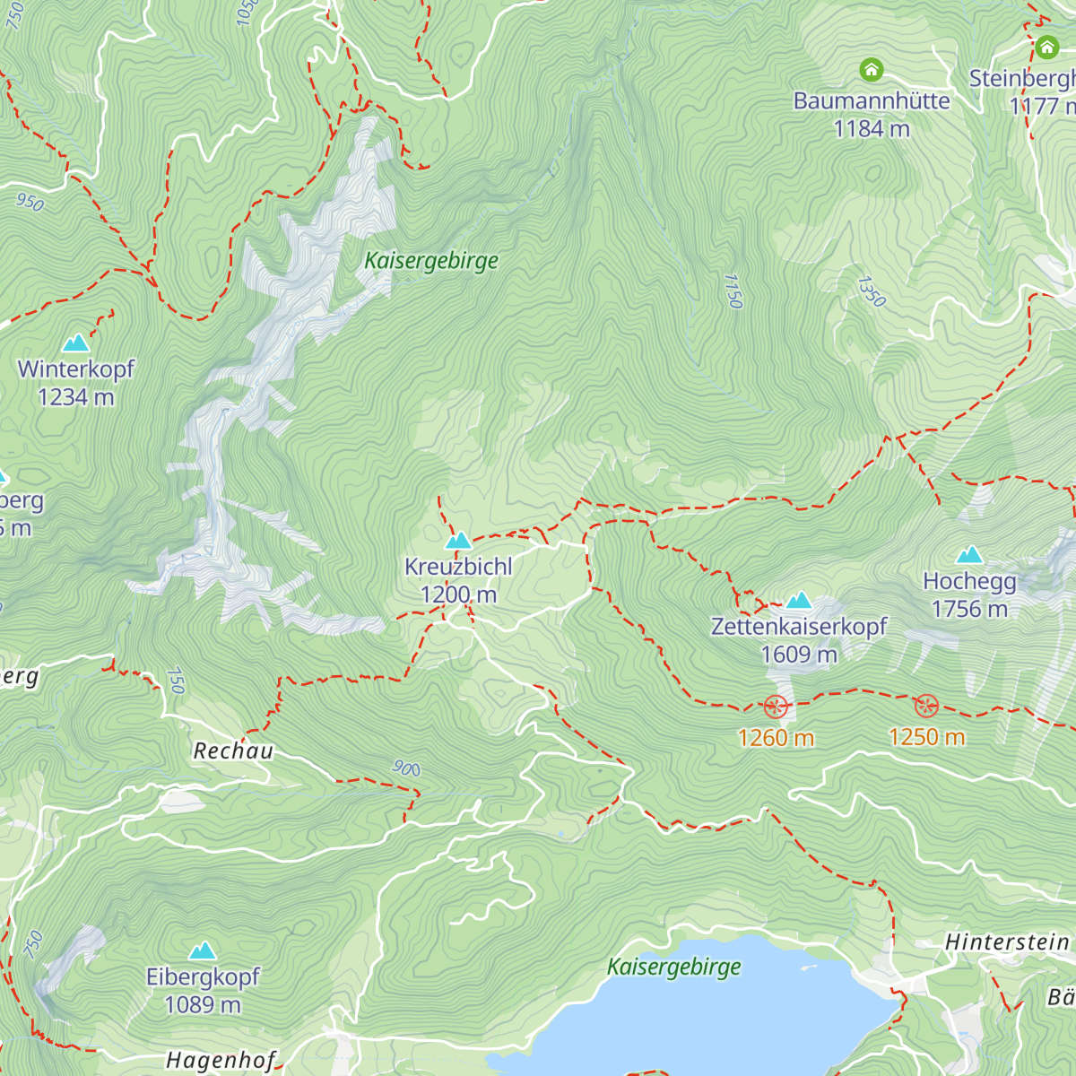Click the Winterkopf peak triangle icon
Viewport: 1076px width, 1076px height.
75,343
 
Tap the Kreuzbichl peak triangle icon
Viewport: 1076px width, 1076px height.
458,541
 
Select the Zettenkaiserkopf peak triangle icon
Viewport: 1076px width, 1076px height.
798,600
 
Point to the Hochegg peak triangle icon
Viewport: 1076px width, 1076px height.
969,555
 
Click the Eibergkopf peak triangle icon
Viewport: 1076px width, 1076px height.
203,950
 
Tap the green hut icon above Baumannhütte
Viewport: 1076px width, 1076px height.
871,69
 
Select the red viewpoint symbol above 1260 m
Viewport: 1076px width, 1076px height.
776,707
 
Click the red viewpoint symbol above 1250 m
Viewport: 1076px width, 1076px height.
925,706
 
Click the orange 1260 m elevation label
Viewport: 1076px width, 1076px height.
776,738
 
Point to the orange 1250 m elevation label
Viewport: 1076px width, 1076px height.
926,737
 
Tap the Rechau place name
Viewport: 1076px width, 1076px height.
233,751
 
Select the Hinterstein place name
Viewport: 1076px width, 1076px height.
1007,942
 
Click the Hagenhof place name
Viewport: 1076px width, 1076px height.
221,1061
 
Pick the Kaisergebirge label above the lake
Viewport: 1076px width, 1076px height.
674,967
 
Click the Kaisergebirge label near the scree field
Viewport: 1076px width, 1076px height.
431,261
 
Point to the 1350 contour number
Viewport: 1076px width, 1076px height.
871,291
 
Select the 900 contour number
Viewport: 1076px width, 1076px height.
406,768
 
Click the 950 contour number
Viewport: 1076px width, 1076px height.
30,203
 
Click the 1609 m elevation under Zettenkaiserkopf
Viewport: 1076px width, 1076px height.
798,655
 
